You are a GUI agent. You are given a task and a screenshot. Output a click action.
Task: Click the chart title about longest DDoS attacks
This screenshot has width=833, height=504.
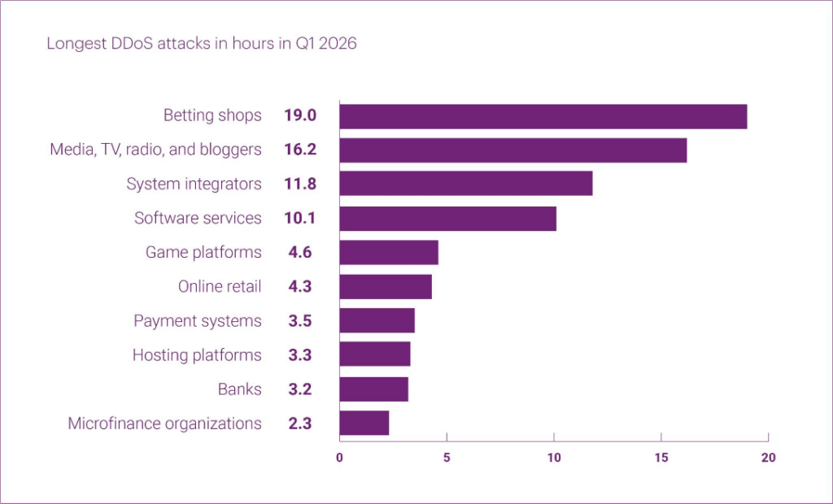[201, 44]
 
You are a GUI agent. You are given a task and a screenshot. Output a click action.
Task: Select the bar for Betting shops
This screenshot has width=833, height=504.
[543, 116]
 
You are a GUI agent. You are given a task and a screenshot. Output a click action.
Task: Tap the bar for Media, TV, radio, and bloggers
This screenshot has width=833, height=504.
[512, 150]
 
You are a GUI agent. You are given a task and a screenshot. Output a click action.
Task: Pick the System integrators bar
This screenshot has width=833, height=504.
[465, 184]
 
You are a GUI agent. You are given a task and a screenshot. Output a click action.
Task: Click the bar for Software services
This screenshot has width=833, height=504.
[447, 219]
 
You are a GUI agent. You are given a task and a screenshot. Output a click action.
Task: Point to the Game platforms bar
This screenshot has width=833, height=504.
[388, 253]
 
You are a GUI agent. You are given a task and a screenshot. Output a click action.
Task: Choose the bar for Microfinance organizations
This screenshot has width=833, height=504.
[364, 424]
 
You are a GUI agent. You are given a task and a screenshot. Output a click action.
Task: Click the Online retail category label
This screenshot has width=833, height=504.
[220, 287]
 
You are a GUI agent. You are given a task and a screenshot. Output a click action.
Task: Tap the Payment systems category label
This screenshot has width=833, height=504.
[198, 321]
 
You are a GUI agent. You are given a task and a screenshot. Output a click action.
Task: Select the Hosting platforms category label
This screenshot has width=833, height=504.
[197, 355]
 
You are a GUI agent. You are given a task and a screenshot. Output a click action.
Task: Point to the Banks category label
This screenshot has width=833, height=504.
[240, 389]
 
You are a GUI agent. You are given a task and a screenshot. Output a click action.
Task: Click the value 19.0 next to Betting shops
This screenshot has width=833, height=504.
[299, 115]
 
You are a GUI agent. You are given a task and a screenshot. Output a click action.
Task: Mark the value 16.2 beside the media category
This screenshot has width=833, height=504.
[299, 150]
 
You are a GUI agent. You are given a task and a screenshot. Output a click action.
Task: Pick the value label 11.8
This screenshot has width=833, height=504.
[299, 185]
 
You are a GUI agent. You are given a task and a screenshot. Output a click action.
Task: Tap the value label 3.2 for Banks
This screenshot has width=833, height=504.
[299, 389]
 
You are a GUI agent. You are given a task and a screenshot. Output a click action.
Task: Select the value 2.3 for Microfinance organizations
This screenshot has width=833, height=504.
[299, 424]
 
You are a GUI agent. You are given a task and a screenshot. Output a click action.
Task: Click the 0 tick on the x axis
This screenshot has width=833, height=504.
[339, 458]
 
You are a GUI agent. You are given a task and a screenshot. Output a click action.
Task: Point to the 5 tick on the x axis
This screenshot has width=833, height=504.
[447, 458]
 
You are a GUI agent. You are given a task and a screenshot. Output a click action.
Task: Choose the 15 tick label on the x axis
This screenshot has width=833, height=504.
[661, 458]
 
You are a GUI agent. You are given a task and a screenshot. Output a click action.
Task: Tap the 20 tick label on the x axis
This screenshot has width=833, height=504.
[768, 458]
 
